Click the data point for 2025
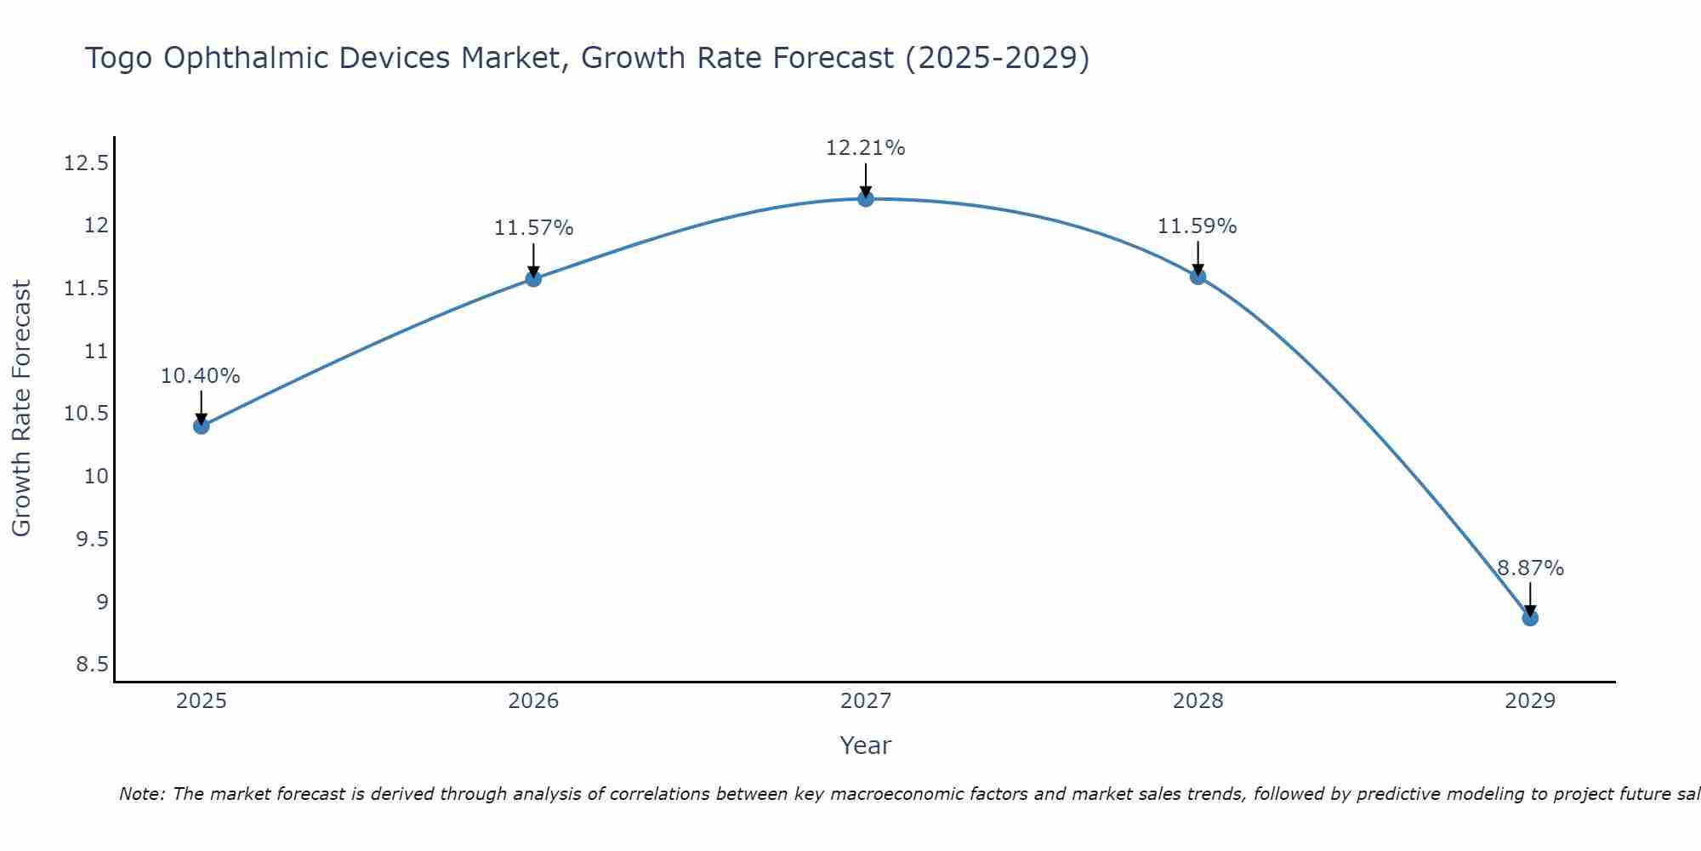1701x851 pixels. (202, 425)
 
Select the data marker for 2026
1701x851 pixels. (533, 278)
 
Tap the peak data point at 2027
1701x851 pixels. (866, 198)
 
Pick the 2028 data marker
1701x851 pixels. (1198, 276)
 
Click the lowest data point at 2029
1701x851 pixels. (1530, 618)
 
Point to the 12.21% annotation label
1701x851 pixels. (866, 148)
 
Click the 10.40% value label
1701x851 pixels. (201, 376)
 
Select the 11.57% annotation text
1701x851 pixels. (533, 228)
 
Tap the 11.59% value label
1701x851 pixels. (1197, 226)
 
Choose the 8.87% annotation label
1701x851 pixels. (1530, 568)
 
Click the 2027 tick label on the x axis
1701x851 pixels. (866, 701)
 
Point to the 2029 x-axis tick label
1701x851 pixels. (1530, 701)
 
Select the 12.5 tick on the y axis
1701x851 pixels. (87, 163)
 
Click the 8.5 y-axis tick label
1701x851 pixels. (93, 665)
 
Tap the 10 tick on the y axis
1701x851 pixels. (97, 477)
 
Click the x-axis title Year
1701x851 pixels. (866, 745)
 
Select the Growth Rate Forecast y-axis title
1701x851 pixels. (21, 408)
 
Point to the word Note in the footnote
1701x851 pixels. (141, 794)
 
